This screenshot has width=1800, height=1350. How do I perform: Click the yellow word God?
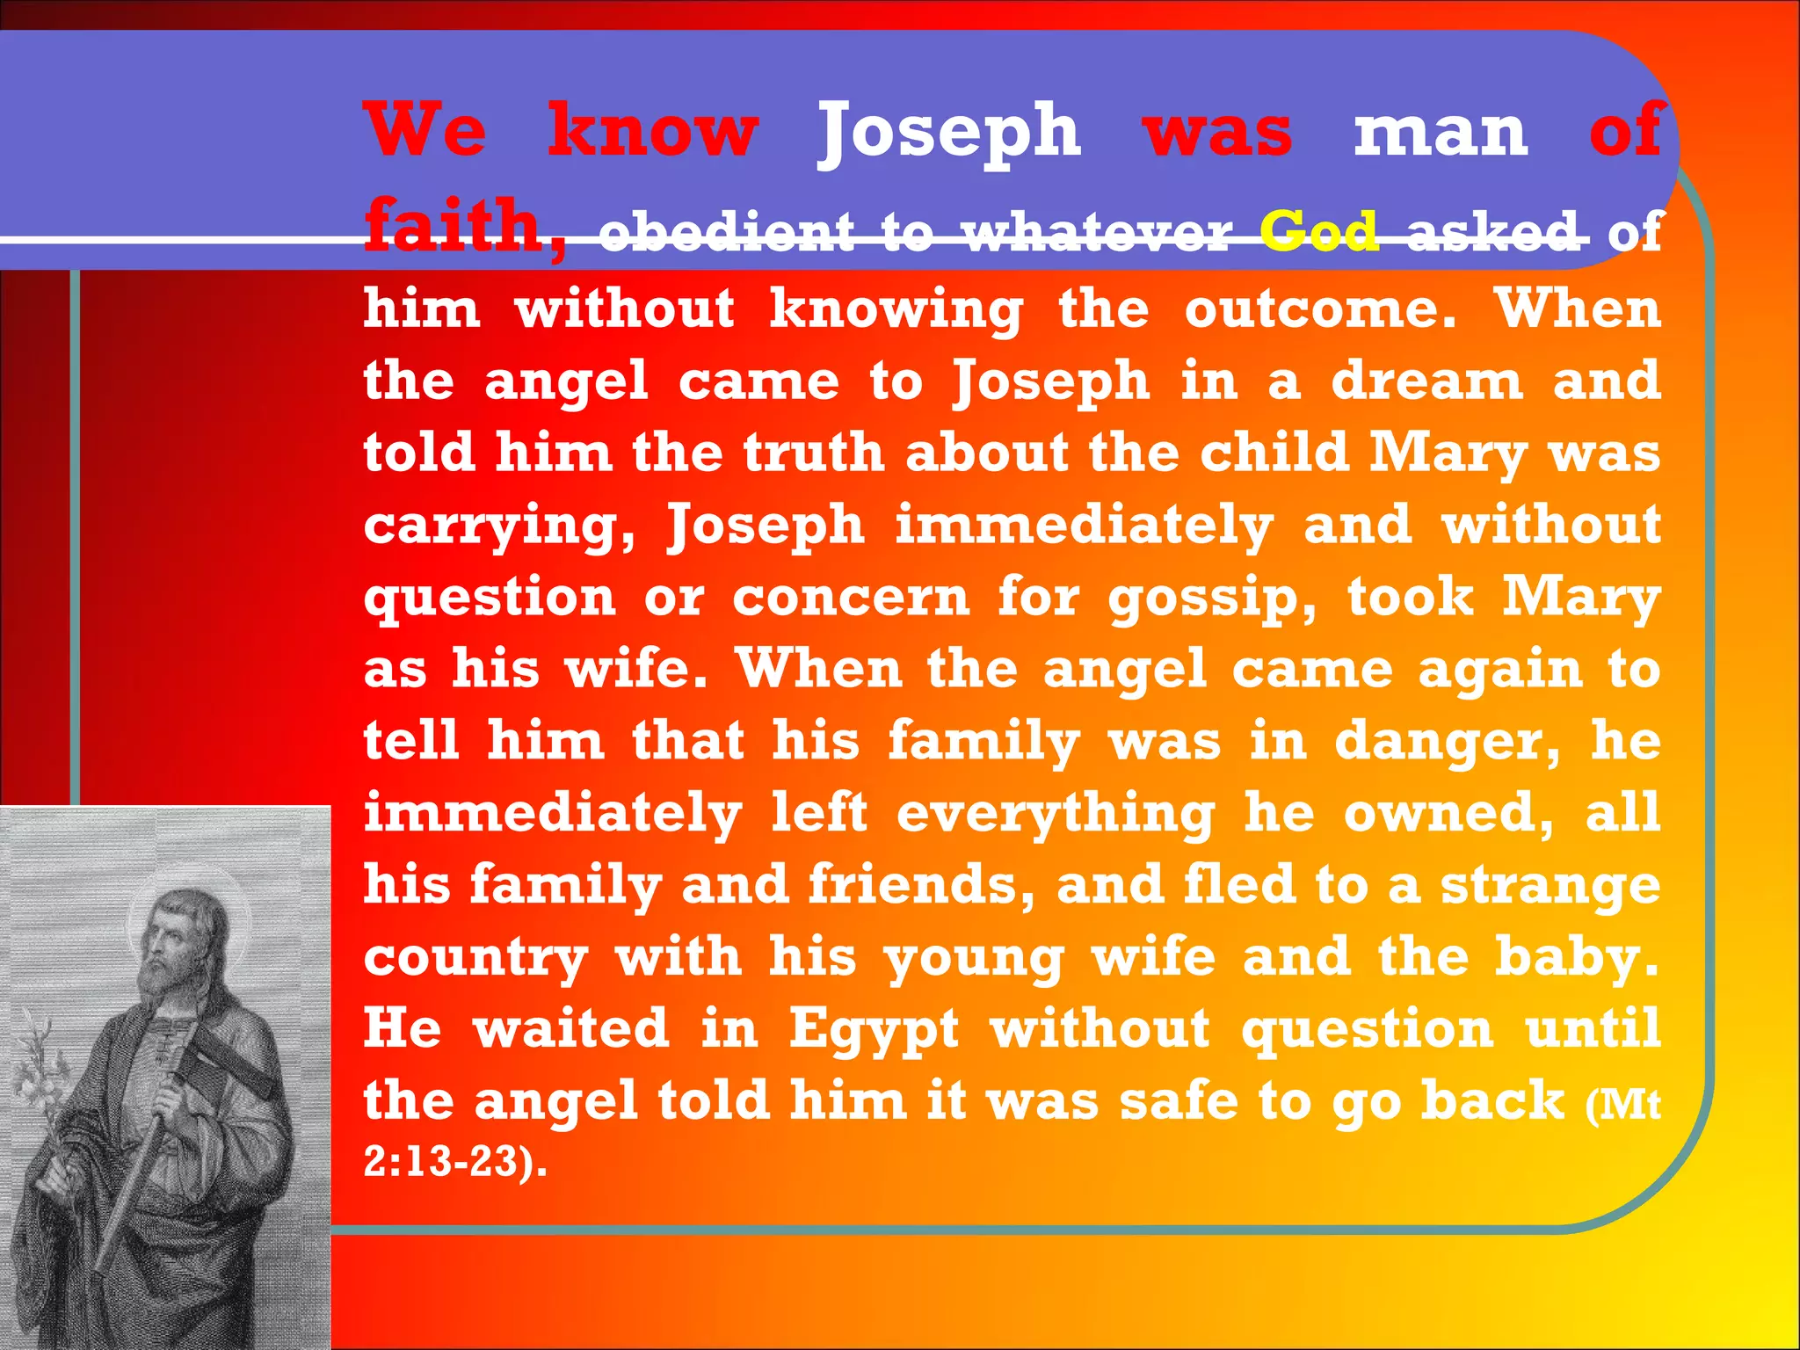pos(1318,232)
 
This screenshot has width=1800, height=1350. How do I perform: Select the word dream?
pos(1426,382)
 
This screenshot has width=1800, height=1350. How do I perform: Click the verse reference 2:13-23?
pos(453,1162)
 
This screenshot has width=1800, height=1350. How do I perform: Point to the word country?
pos(475,958)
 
